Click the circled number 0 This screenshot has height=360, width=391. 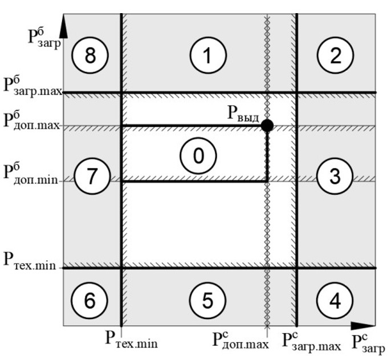(198, 155)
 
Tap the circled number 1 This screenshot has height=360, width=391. (207, 55)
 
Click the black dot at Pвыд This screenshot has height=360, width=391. (267, 126)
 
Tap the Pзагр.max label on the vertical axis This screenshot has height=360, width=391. (32, 88)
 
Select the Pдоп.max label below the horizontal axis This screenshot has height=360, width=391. (241, 341)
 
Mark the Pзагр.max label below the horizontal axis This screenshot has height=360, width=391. (311, 341)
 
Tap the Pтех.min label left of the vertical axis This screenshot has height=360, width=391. (29, 261)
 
